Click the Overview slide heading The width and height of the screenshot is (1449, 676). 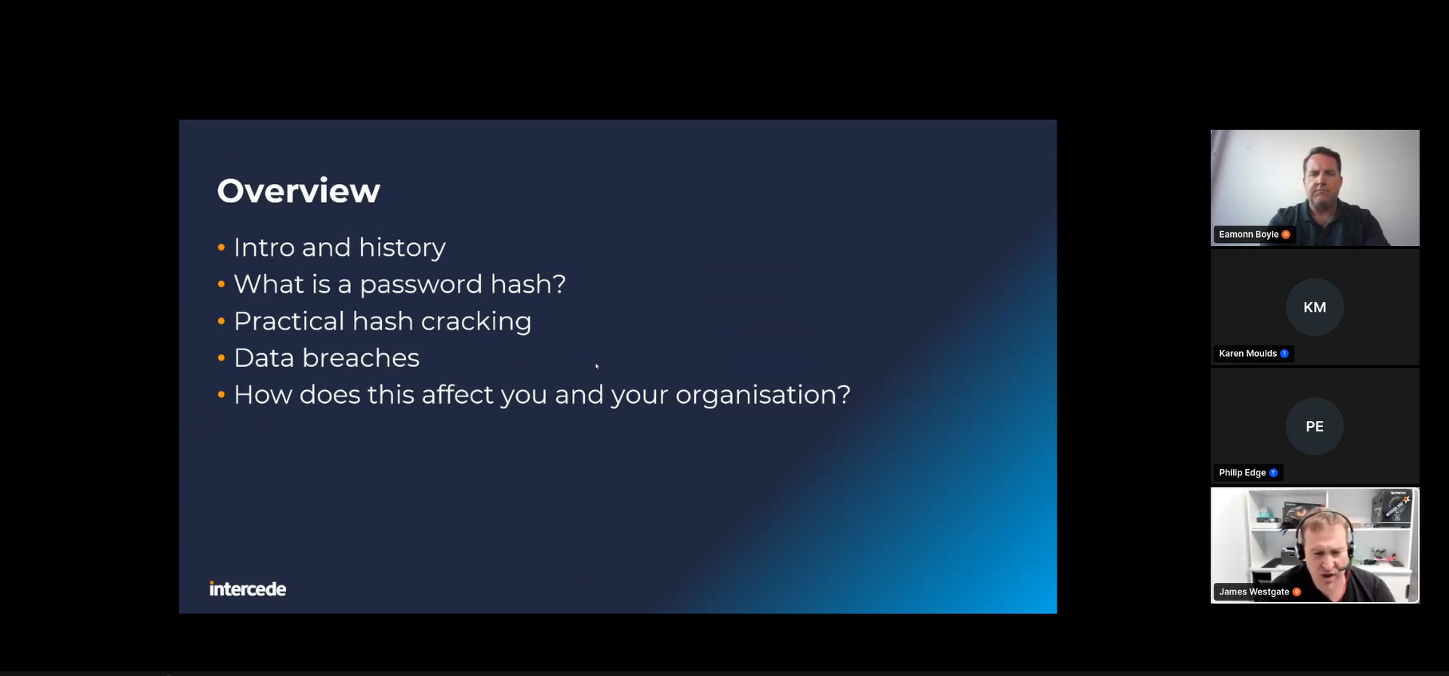pyautogui.click(x=298, y=191)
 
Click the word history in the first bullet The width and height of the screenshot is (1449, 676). pyautogui.click(x=402, y=247)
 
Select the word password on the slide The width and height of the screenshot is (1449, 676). pyautogui.click(x=420, y=285)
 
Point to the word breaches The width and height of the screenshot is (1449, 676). pyautogui.click(x=361, y=358)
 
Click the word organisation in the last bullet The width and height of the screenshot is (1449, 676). pyautogui.click(x=763, y=395)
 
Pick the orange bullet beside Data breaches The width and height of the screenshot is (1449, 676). pyautogui.click(x=221, y=358)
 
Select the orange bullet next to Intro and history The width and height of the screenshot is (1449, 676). pyautogui.click(x=221, y=247)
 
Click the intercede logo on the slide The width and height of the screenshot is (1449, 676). pyautogui.click(x=248, y=588)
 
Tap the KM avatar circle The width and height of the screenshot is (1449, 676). pyautogui.click(x=1315, y=307)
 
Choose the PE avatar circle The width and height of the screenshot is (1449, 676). pyautogui.click(x=1315, y=426)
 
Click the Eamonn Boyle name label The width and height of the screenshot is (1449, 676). pyautogui.click(x=1249, y=235)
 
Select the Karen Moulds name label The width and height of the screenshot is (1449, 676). pyautogui.click(x=1248, y=354)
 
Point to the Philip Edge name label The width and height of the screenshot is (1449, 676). pyautogui.click(x=1242, y=473)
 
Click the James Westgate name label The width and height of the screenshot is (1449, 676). pyautogui.click(x=1254, y=592)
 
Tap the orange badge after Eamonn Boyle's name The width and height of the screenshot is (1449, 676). pyautogui.click(x=1286, y=235)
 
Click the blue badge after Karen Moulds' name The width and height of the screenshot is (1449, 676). pyautogui.click(x=1284, y=354)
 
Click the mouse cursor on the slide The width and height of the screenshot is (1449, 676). pyautogui.click(x=597, y=366)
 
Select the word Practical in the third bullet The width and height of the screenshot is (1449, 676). pyautogui.click(x=289, y=321)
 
